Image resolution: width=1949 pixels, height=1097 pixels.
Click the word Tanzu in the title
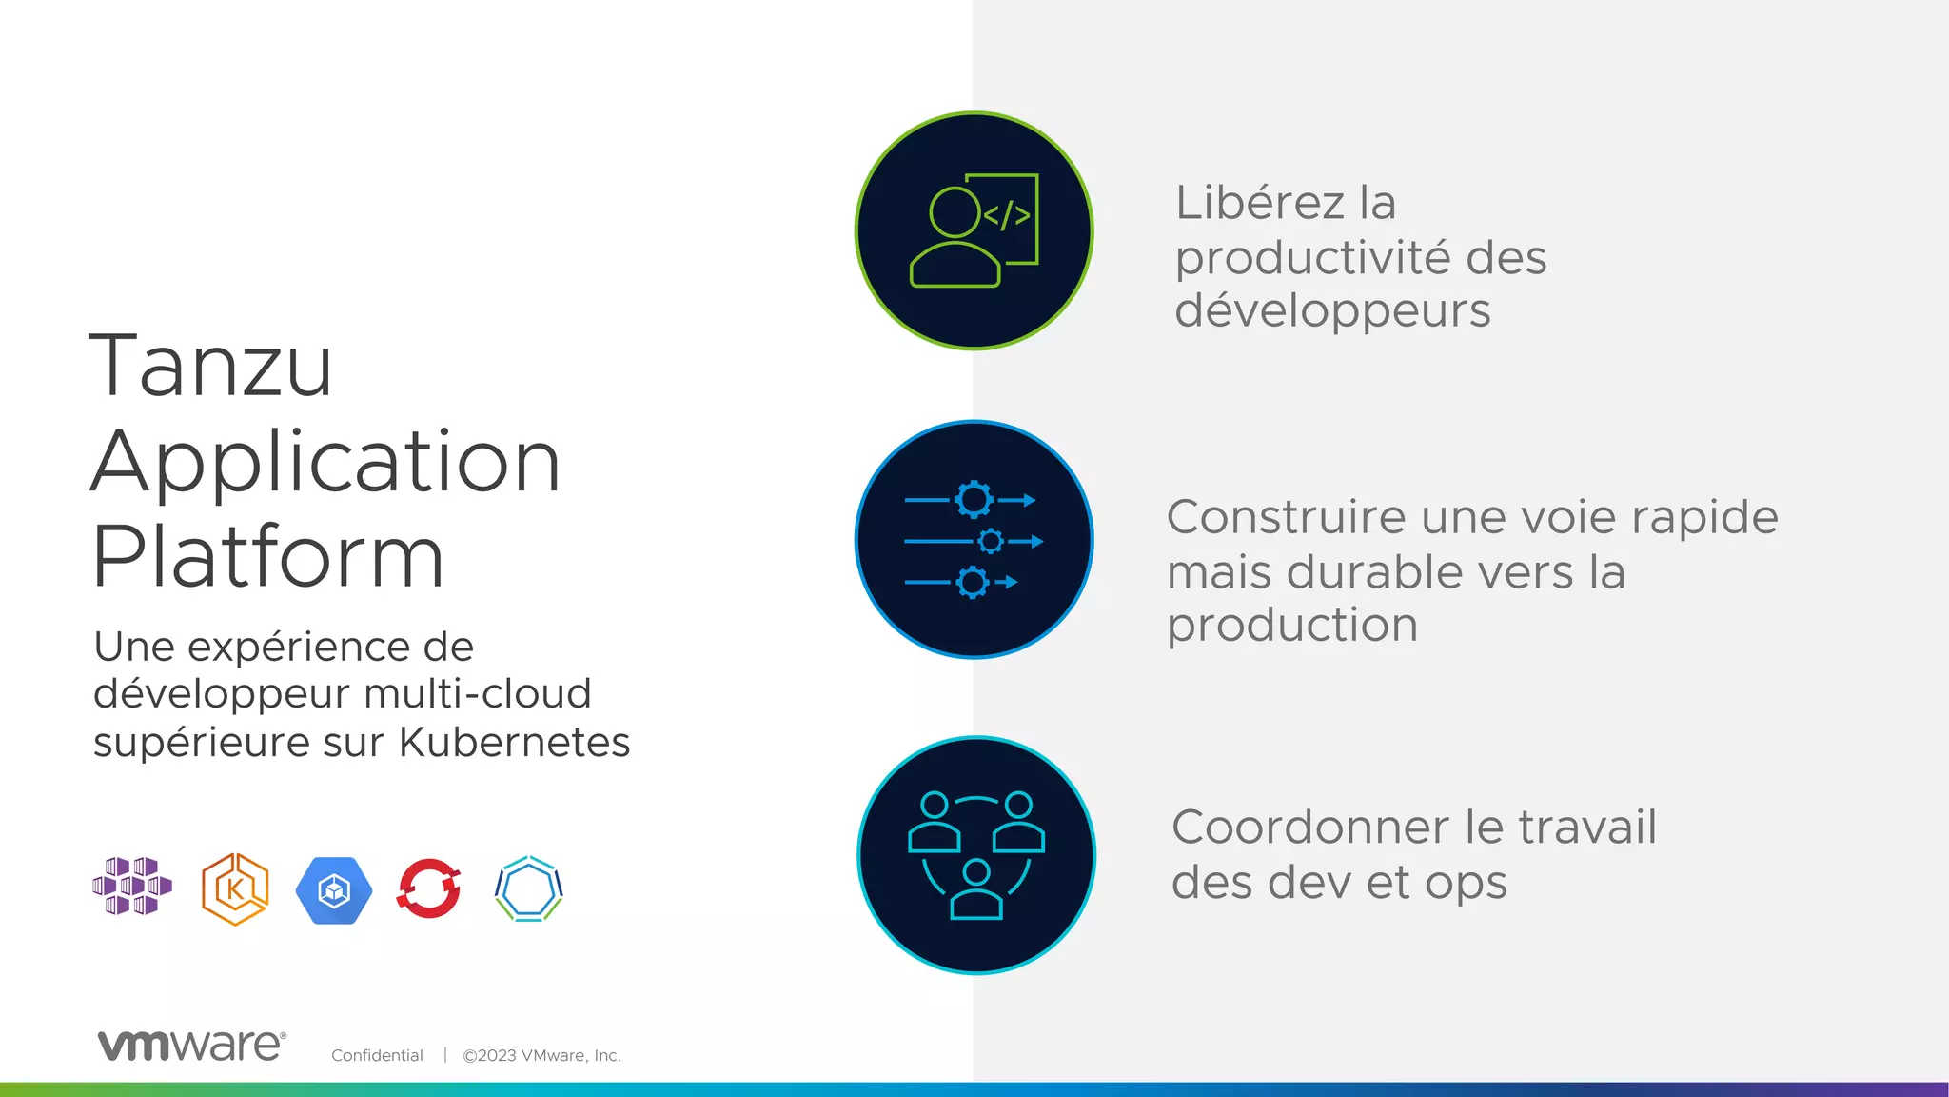pyautogui.click(x=210, y=367)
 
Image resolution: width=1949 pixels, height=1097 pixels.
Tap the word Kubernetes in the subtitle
pyautogui.click(x=514, y=743)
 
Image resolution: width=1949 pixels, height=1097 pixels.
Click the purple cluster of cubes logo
pyautogui.click(x=132, y=887)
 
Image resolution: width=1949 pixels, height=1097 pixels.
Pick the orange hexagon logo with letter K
pyautogui.click(x=235, y=889)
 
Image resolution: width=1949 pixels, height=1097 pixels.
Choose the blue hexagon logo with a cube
pyautogui.click(x=333, y=890)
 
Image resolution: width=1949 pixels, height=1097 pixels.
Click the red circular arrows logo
pyautogui.click(x=429, y=888)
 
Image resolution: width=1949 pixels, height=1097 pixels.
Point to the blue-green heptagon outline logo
pyautogui.click(x=529, y=889)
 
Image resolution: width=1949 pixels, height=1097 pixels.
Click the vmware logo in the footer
pyautogui.click(x=191, y=1046)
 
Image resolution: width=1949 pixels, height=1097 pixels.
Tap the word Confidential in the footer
pyautogui.click(x=377, y=1055)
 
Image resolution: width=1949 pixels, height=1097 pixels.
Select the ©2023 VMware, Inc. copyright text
pyautogui.click(x=541, y=1055)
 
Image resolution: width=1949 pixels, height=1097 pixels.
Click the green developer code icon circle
pyautogui.click(x=974, y=230)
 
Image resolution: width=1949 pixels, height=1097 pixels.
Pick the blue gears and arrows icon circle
pyautogui.click(x=974, y=540)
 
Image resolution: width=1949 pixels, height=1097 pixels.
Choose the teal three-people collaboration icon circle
pyautogui.click(x=975, y=855)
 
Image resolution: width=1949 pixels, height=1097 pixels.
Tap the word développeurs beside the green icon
pyautogui.click(x=1332, y=311)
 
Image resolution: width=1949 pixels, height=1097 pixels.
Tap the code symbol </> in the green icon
pyautogui.click(x=1006, y=215)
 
